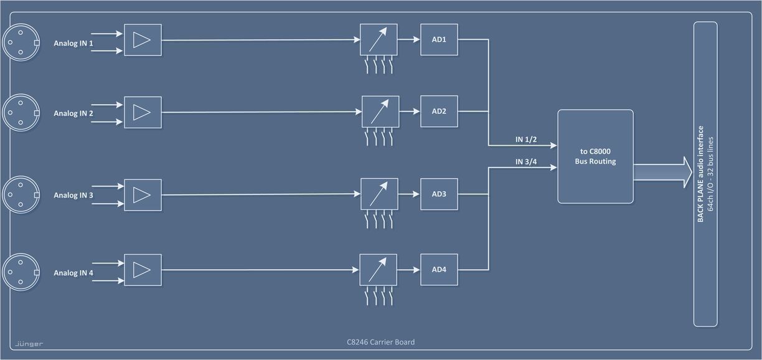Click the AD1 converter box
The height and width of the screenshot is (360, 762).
click(439, 40)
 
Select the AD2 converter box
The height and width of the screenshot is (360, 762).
click(439, 111)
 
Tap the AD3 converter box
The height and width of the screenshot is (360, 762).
click(439, 194)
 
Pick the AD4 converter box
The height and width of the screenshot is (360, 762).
click(439, 270)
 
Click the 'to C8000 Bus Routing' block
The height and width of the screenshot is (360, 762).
click(595, 156)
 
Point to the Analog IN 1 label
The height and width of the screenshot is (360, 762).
click(73, 44)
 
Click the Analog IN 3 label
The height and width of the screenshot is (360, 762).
click(73, 195)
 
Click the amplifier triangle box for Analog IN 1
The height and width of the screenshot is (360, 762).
click(143, 40)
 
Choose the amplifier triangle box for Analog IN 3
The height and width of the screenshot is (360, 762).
click(143, 195)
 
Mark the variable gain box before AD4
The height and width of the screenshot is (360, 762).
click(379, 270)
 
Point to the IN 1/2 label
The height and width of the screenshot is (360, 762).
click(526, 140)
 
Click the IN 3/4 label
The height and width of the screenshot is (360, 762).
click(526, 162)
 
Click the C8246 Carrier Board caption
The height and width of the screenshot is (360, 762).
click(380, 342)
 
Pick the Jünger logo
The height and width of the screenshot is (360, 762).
click(29, 343)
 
